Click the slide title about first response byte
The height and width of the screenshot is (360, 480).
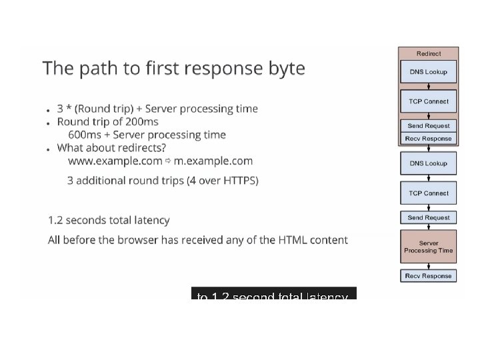click(173, 69)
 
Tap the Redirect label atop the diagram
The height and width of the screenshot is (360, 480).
click(428, 53)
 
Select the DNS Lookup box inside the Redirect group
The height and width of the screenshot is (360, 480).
click(428, 72)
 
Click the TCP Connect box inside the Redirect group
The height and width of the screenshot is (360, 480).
click(428, 101)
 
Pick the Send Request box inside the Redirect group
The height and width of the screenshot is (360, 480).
click(428, 125)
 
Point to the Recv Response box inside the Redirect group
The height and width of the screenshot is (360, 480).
click(428, 139)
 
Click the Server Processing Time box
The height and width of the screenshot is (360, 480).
click(428, 247)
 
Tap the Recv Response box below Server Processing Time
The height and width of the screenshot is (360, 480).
click(428, 275)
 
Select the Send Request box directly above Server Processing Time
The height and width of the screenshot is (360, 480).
click(428, 217)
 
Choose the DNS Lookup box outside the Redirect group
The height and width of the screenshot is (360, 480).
click(428, 163)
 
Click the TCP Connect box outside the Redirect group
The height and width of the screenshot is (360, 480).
click(428, 193)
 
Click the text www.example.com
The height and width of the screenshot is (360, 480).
click(115, 161)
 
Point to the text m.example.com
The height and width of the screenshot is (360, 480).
click(213, 161)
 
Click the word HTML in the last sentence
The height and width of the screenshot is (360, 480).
click(293, 240)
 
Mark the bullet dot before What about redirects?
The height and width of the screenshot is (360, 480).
click(48, 149)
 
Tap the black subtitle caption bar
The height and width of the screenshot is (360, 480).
click(273, 294)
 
